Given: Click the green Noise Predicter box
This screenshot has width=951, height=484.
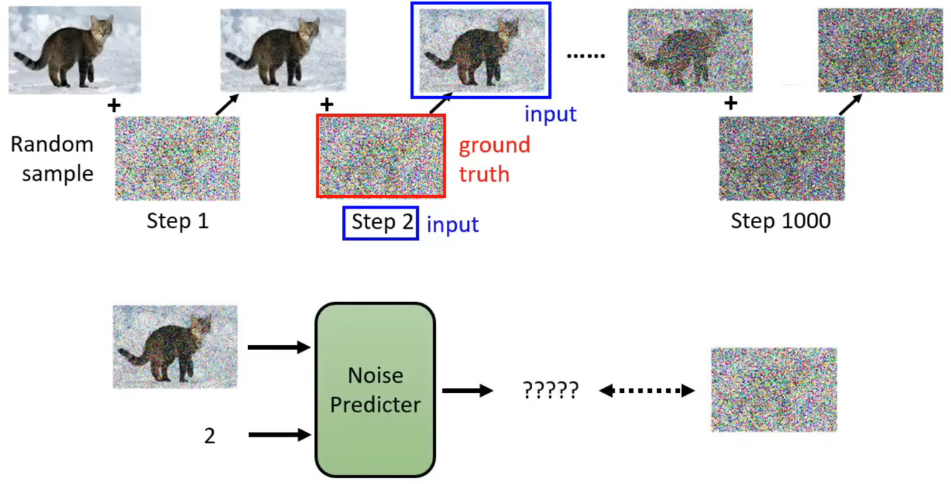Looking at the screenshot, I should click(375, 390).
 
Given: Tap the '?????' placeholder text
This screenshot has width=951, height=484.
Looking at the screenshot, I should click(550, 391).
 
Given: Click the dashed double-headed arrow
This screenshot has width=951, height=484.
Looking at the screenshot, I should click(647, 391).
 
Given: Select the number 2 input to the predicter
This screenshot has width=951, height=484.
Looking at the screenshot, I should click(209, 436).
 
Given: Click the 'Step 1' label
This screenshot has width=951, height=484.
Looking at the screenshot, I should click(177, 221).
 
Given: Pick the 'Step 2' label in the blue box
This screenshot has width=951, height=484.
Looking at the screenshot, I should click(381, 223).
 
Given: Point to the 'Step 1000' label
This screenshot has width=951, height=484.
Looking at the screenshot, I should click(780, 221).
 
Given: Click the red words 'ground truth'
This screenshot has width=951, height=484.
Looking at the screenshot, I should click(494, 159).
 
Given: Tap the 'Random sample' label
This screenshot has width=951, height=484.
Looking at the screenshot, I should click(52, 158).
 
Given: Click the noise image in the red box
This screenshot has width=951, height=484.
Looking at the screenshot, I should click(381, 156).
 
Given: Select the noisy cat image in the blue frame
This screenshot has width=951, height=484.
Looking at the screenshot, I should click(481, 50).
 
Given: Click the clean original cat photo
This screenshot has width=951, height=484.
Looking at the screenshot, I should click(75, 50).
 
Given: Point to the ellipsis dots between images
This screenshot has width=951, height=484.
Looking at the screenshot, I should click(586, 55).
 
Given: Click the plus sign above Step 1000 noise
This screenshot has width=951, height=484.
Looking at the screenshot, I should click(730, 104).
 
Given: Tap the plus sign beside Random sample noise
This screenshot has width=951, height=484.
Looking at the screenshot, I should click(113, 105).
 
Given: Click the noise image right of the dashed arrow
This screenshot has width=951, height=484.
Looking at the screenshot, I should click(774, 390).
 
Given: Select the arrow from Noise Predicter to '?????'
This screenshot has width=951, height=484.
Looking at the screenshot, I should click(467, 391).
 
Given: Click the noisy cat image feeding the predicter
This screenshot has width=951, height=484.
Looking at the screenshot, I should click(175, 347).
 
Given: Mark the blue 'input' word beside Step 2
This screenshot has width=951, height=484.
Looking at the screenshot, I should click(453, 224).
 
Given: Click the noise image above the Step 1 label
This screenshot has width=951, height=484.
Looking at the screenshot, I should click(177, 158).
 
